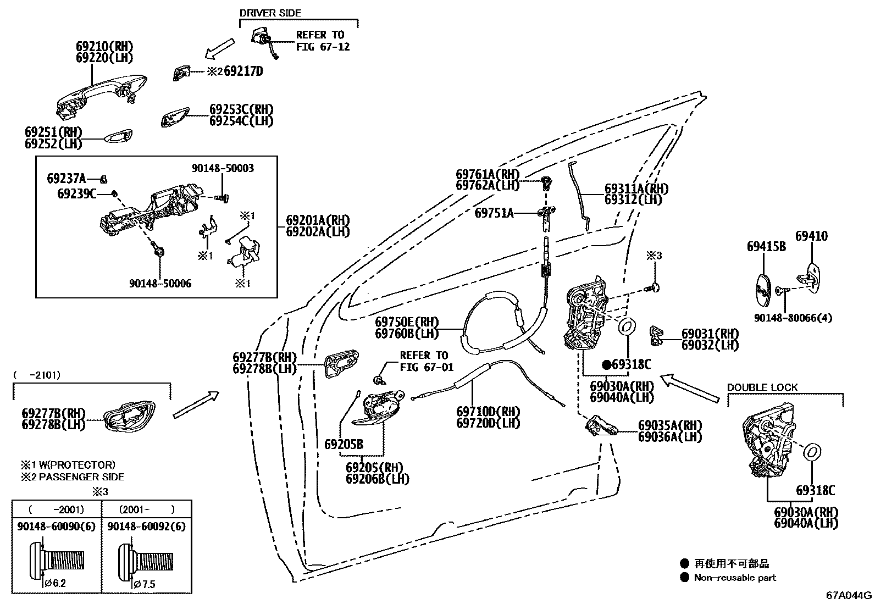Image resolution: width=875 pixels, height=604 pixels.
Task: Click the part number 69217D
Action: pyautogui.click(x=243, y=71)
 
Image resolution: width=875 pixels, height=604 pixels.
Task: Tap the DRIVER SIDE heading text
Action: pyautogui.click(x=270, y=13)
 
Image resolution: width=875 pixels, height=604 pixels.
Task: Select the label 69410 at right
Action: pyautogui.click(x=811, y=236)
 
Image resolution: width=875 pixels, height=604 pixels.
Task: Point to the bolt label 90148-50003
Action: pyautogui.click(x=223, y=168)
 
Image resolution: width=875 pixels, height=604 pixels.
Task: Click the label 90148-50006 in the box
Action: pyautogui.click(x=160, y=284)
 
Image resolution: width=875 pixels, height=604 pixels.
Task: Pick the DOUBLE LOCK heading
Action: pyautogui.click(x=762, y=387)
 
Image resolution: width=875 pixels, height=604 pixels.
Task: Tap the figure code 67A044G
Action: pyautogui.click(x=849, y=595)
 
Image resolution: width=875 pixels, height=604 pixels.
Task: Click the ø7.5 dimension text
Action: pyautogui.click(x=144, y=584)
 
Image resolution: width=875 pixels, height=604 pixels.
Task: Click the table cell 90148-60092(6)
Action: pyautogui.click(x=146, y=527)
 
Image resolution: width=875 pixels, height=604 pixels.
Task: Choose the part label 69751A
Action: pyautogui.click(x=494, y=213)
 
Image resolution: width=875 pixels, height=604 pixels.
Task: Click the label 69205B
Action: pyautogui.click(x=343, y=444)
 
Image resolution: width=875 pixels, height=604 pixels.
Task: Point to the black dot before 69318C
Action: pyautogui.click(x=606, y=364)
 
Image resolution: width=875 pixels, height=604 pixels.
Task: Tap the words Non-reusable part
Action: pyautogui.click(x=735, y=578)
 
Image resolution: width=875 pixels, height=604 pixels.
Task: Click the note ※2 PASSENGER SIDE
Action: pyautogui.click(x=73, y=477)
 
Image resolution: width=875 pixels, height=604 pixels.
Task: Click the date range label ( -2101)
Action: pyautogui.click(x=37, y=375)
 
